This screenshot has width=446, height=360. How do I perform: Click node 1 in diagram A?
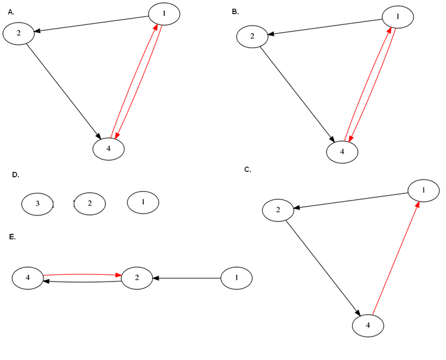pos(164,14)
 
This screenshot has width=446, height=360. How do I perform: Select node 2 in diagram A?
pos(18,33)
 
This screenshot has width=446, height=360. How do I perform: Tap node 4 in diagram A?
pos(108,148)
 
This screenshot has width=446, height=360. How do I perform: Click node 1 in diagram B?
pos(398,17)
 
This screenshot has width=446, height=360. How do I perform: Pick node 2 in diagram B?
pos(252,36)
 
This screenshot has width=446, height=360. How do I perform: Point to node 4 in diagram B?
pos(342,152)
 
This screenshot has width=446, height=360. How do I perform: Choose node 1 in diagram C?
pos(423,190)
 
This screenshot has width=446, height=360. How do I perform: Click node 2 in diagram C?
pos(278,209)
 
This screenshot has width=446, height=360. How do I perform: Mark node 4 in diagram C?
pos(368,325)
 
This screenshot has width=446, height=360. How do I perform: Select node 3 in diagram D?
pos(37,204)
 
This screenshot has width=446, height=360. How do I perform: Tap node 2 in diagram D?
pos(90,204)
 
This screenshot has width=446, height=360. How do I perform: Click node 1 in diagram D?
pos(143,202)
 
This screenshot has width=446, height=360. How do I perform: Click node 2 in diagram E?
pos(137,277)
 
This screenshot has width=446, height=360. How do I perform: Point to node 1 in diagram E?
pos(236,277)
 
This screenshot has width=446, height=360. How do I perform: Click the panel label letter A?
pos(11,11)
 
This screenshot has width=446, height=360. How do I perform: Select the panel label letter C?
pos(247,170)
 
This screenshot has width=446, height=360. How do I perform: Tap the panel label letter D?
pos(15,175)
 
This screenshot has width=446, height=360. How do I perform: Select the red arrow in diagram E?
pos(82,274)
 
